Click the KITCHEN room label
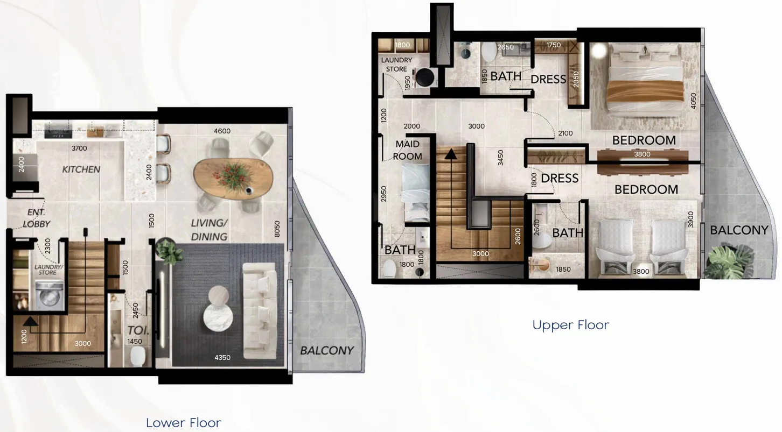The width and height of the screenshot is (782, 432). (x=81, y=169)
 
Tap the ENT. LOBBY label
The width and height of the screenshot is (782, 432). (x=36, y=218)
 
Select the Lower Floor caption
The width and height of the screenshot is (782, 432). (x=184, y=423)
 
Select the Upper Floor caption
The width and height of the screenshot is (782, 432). (x=571, y=325)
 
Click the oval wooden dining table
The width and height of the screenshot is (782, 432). (x=233, y=179)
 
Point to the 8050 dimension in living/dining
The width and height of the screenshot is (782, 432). (x=277, y=229)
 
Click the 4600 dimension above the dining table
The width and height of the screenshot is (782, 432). (x=222, y=131)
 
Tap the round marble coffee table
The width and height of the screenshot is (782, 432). (x=218, y=317)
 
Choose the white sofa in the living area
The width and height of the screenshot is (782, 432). (x=260, y=311)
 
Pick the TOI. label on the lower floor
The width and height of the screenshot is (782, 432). (x=138, y=330)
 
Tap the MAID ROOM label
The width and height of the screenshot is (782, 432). (x=407, y=150)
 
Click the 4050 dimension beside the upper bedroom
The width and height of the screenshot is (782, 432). (x=693, y=101)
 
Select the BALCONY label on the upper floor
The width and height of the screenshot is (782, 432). (x=739, y=230)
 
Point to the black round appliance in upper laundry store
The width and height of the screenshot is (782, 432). (x=424, y=77)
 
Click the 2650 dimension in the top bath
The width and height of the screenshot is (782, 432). (x=506, y=47)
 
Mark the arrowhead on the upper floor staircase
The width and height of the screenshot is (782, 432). (x=451, y=154)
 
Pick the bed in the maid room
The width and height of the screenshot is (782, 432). (x=416, y=193)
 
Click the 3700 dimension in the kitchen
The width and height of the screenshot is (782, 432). (x=79, y=148)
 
